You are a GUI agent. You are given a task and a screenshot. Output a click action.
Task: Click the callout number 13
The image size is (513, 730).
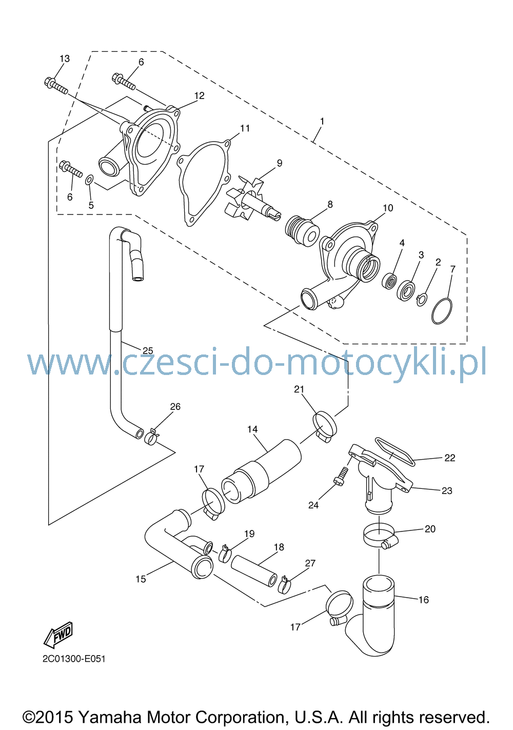[x=65, y=58]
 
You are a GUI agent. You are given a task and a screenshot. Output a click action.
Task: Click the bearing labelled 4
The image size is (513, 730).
[x=389, y=281]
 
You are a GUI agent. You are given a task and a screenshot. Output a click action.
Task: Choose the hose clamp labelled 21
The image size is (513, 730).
[x=325, y=426]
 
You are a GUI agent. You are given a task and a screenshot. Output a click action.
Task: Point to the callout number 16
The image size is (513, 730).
[x=423, y=600]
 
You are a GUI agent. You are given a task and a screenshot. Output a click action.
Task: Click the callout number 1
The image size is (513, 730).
[x=322, y=121]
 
